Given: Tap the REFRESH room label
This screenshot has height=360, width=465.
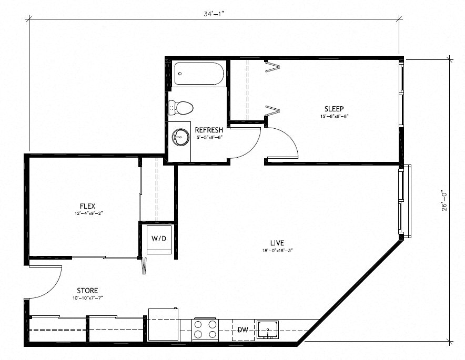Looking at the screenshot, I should (x=209, y=130).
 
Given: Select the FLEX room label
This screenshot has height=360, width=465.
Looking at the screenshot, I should (x=87, y=206).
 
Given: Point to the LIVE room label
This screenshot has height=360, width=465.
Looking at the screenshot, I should (x=277, y=243).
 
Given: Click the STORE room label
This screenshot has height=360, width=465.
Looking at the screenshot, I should (x=87, y=290).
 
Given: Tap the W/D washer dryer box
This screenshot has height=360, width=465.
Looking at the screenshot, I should (x=159, y=239).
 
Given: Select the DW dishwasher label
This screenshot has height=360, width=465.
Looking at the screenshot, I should (x=242, y=330).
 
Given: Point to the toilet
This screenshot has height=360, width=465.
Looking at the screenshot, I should (x=183, y=108).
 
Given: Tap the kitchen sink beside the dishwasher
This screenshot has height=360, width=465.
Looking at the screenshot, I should (x=269, y=330).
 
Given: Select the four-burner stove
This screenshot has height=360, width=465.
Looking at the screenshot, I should (x=206, y=329).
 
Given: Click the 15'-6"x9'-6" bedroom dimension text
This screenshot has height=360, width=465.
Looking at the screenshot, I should (x=335, y=116).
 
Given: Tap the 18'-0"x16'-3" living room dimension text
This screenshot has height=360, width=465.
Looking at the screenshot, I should (x=277, y=251).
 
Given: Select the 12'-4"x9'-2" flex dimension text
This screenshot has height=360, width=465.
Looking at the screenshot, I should (x=87, y=214).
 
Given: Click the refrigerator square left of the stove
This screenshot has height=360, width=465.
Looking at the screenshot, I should (x=164, y=324).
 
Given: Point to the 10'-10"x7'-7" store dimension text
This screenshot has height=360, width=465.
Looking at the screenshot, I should (x=87, y=298).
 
